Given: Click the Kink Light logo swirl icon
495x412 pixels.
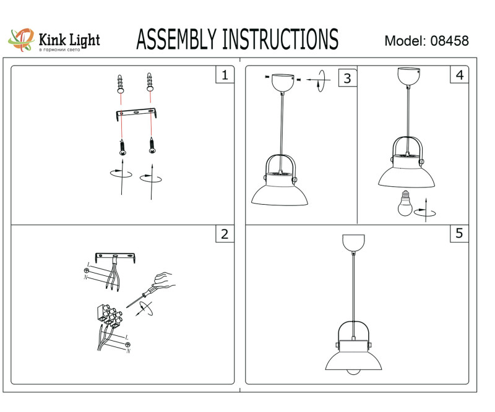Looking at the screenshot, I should coord(20,40).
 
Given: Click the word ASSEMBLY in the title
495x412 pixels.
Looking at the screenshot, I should coord(176,40).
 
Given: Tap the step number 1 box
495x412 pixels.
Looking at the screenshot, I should coord(224,75).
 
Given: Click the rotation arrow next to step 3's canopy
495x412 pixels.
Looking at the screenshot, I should coord(320,81).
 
